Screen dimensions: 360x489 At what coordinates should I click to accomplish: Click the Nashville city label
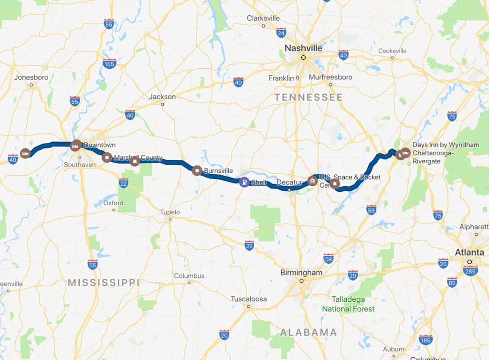coord(303,48)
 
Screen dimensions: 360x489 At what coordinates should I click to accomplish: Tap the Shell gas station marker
coord(244,182)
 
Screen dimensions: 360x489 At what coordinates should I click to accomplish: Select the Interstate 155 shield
coord(109,64)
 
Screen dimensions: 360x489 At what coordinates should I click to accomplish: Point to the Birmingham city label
coord(301,273)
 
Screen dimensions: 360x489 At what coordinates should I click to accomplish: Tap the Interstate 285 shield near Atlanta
coord(470,271)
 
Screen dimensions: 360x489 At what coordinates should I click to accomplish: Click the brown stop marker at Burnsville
coord(197,170)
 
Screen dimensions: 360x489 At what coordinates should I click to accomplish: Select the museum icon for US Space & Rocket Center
coord(312,181)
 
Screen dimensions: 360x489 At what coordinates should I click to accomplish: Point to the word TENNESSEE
coord(308,97)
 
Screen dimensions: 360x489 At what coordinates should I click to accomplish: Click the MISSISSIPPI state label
coord(104,283)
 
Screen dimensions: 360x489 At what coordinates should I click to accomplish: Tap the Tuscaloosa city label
coord(249,299)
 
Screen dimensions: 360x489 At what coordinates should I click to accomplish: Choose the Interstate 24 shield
coord(281,32)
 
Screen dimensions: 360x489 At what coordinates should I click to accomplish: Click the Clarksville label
coord(263,18)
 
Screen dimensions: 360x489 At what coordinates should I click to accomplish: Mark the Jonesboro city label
coord(31,77)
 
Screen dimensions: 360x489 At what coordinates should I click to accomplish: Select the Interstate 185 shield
coord(425,340)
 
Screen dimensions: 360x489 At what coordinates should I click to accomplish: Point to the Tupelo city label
coord(170,212)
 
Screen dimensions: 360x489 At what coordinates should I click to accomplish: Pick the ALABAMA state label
coord(308,332)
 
